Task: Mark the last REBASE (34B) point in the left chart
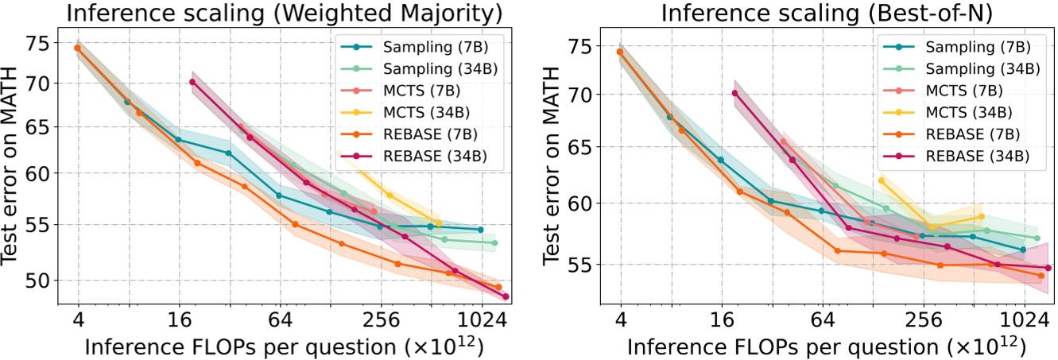[506, 296]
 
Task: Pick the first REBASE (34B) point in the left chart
[192, 82]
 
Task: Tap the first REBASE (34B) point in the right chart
[734, 93]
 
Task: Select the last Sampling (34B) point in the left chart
[494, 242]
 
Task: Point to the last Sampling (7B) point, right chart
[1023, 250]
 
